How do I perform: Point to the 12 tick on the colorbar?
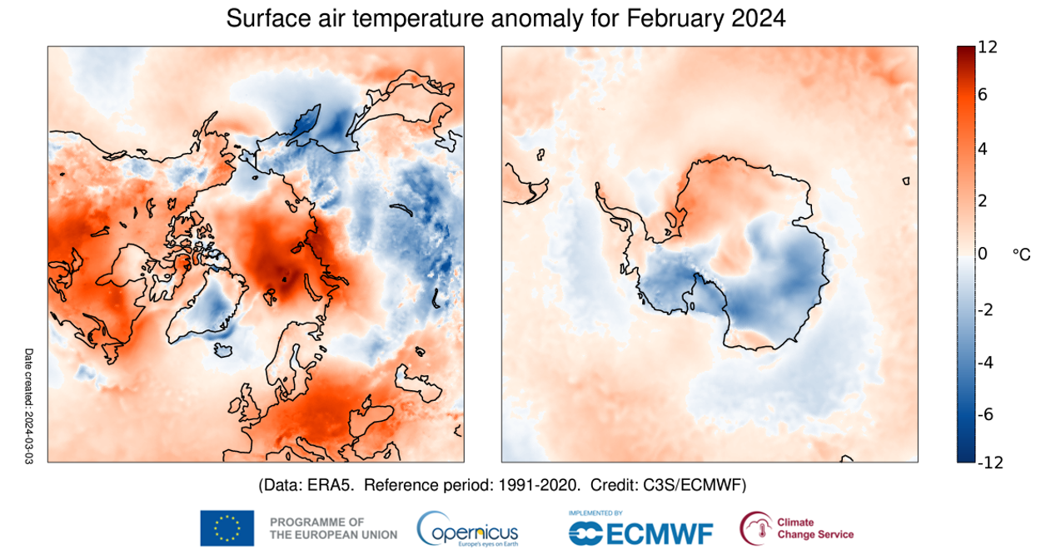[x=988, y=48]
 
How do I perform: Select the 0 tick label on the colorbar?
[x=983, y=253]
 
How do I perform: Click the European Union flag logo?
[x=227, y=528]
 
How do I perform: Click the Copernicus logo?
[x=469, y=529]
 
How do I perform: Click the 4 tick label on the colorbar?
[x=983, y=149]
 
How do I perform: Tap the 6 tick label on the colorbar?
[x=983, y=95]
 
